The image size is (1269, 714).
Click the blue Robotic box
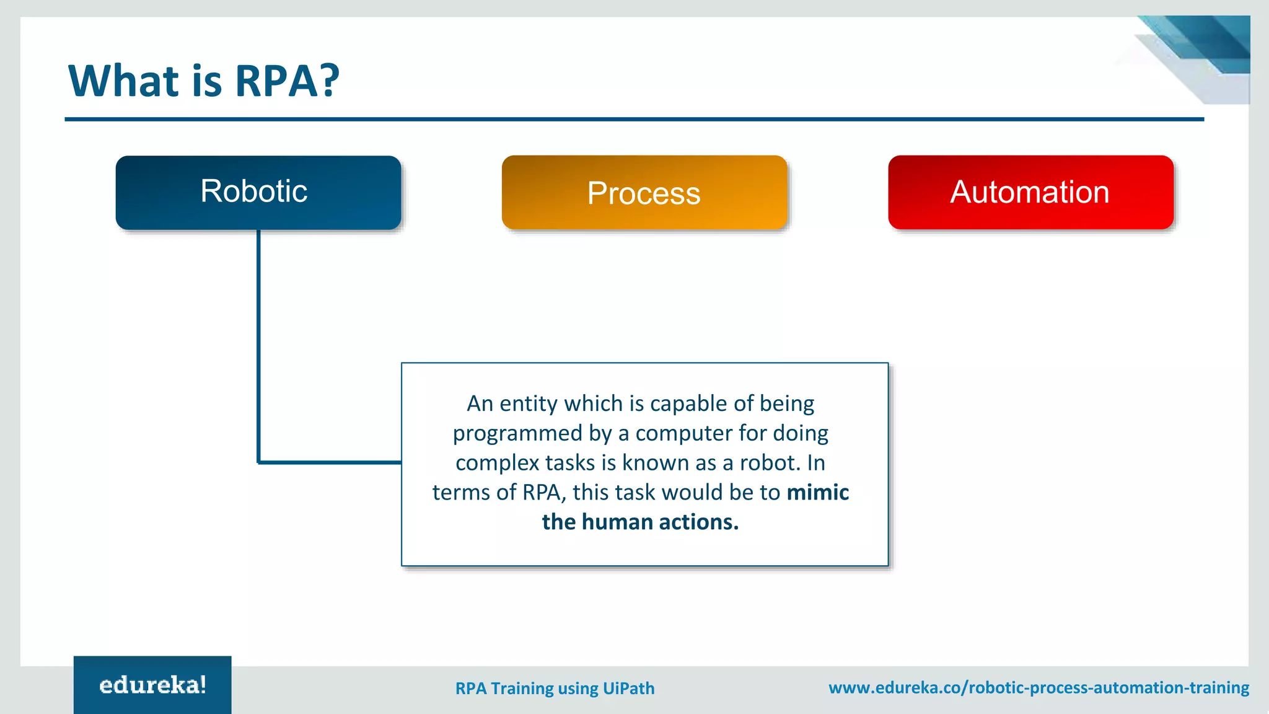tap(258, 192)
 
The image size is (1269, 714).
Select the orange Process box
tap(644, 192)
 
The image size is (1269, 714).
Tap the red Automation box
tap(1031, 192)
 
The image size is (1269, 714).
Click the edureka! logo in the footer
tap(152, 685)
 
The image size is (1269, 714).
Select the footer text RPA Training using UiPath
tap(555, 689)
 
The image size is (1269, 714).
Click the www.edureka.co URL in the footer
tap(1039, 688)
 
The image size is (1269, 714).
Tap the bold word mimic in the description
tap(818, 492)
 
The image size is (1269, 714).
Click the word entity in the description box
tap(529, 403)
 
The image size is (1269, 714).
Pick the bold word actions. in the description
tap(699, 522)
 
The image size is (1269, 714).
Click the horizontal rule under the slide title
tap(634, 119)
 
